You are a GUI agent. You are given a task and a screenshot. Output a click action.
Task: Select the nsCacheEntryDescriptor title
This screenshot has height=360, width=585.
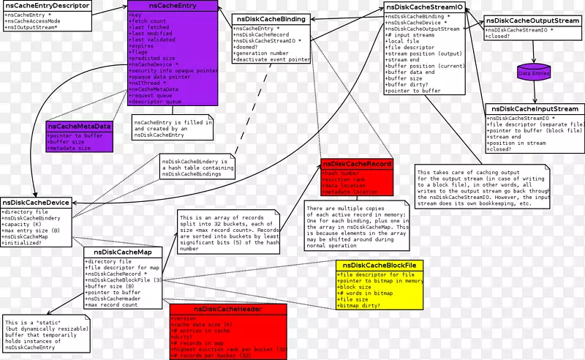(47, 6)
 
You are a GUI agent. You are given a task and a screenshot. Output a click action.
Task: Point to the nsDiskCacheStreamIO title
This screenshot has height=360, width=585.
(424, 7)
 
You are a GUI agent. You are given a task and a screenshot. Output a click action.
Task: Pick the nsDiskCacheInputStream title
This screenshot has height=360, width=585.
(535, 108)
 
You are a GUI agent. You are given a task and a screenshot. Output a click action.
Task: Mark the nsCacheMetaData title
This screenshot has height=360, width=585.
(79, 127)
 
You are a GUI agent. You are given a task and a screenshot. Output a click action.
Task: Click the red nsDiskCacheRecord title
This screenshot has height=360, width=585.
(357, 165)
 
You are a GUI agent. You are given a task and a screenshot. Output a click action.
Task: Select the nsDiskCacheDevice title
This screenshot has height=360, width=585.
(36, 203)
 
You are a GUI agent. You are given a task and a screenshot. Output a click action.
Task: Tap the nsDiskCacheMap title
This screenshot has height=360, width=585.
(122, 252)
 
